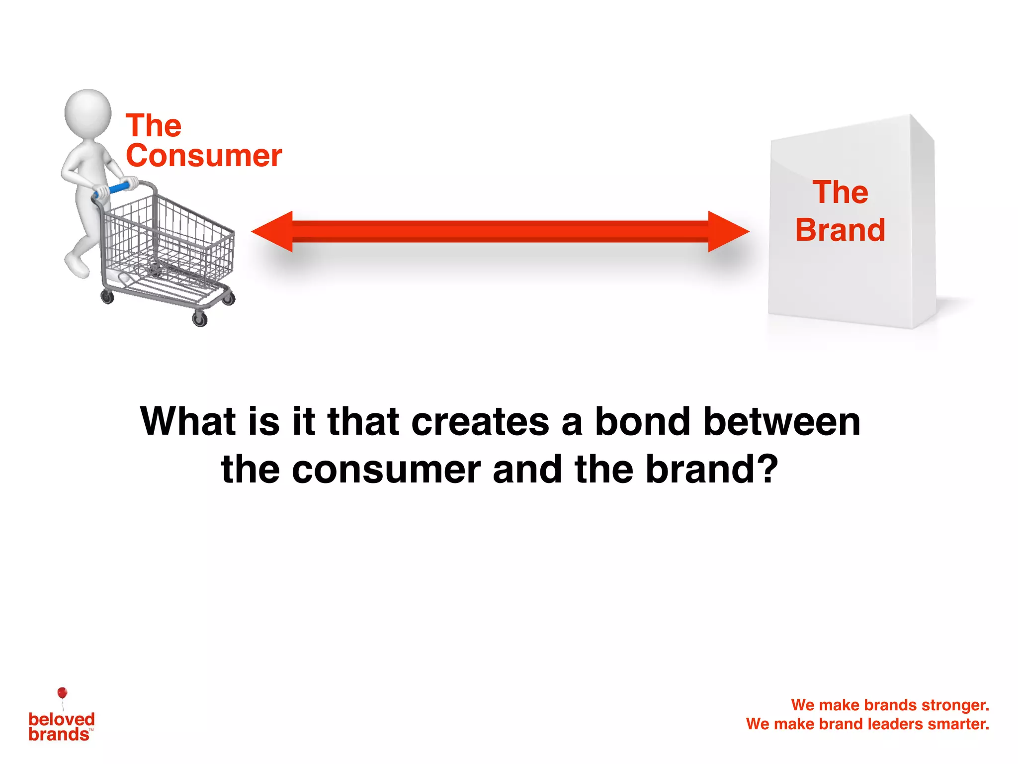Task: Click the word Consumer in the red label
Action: [204, 156]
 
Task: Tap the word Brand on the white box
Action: [840, 230]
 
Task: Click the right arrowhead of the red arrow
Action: [728, 231]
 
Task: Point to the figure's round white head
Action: [88, 113]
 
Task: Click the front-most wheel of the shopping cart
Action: [200, 319]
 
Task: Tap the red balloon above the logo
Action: [62, 692]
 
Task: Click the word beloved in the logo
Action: [62, 719]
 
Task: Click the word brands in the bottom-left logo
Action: [59, 735]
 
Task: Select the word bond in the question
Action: [643, 422]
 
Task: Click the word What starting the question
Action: [187, 422]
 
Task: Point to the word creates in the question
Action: [480, 422]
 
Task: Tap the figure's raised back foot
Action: [77, 265]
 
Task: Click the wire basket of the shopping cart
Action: [169, 239]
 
